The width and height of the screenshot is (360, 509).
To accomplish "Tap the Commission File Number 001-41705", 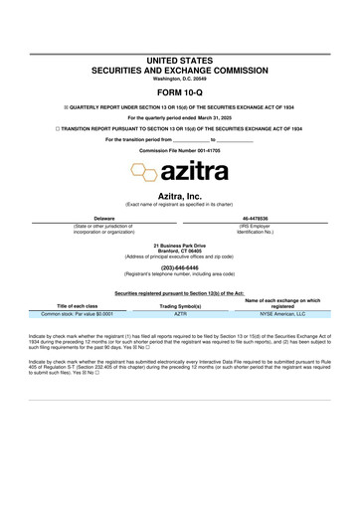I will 180,150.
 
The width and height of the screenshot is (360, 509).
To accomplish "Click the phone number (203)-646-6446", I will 180,266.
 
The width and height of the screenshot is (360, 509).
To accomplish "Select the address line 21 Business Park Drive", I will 180,245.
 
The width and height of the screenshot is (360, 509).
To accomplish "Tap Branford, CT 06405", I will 180,251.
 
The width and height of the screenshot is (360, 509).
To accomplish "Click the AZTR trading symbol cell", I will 181,313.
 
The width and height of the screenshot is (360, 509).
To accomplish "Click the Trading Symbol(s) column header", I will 181,306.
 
